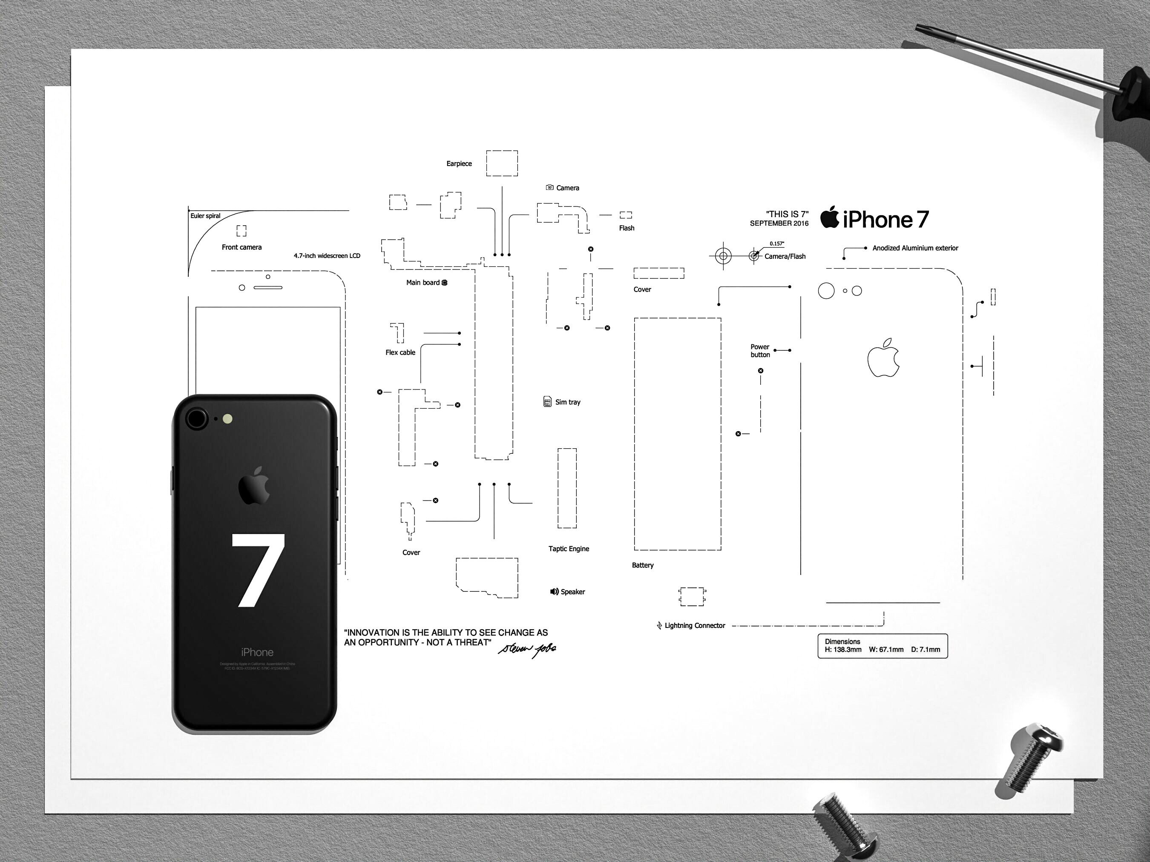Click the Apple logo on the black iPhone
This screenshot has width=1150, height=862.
click(x=254, y=486)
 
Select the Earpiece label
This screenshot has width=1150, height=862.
click(x=459, y=163)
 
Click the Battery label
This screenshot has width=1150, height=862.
click(x=643, y=565)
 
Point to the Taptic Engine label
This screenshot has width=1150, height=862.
click(x=569, y=549)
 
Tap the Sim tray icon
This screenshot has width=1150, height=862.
click(x=547, y=402)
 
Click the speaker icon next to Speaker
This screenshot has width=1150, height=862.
click(x=554, y=592)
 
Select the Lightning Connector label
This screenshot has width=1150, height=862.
click(x=695, y=626)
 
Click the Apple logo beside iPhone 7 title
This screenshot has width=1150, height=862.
click(x=830, y=217)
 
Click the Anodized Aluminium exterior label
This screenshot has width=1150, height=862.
click(x=915, y=248)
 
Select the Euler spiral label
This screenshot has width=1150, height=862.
click(x=205, y=216)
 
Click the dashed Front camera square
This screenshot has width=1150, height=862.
click(x=241, y=231)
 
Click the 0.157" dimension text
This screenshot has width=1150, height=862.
click(x=777, y=243)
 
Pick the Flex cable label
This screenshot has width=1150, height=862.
click(x=400, y=352)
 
